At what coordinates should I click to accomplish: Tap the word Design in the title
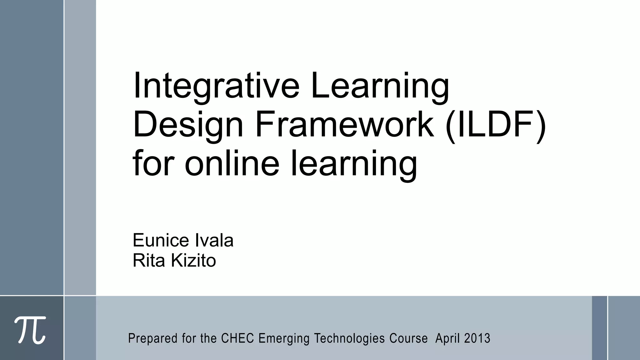coord(188,124)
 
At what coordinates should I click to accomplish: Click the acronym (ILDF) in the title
coord(496,124)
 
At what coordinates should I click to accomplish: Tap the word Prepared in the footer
coord(153,339)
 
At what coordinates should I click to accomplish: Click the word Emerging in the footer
coord(284,339)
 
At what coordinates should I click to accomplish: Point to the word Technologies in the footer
coord(349,339)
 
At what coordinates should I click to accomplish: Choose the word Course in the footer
coord(408,338)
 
